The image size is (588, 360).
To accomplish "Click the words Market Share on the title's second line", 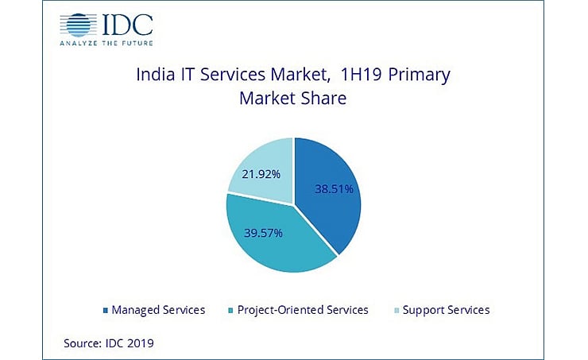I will click(293, 101).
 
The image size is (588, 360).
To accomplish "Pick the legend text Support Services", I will click(447, 310).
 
